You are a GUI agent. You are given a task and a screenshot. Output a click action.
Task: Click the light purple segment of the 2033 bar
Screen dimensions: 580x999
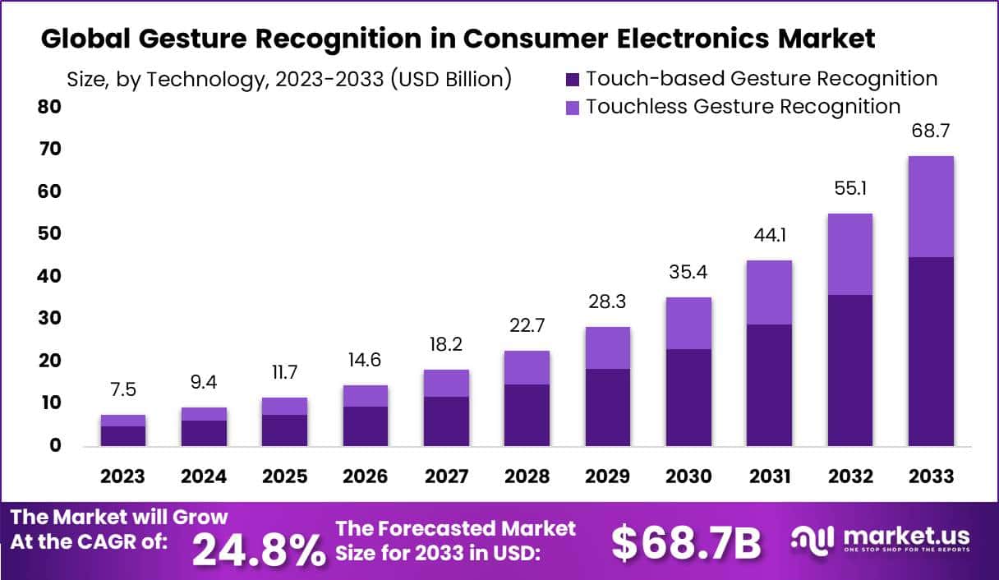[931, 206]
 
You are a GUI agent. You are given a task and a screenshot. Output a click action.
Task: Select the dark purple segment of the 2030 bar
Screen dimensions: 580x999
[688, 397]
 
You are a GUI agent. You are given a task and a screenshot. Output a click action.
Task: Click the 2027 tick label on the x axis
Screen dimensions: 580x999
[445, 477]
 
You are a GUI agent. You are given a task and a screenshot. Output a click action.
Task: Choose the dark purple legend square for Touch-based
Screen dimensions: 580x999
[573, 80]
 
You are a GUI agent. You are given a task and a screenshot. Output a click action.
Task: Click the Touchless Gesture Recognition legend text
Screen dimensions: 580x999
[743, 107]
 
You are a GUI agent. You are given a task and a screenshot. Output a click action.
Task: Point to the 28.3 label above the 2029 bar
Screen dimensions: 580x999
[607, 302]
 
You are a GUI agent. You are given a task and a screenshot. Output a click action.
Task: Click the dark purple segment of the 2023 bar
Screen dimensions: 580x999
[123, 435]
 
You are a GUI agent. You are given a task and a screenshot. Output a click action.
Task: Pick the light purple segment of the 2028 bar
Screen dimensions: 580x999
[527, 367]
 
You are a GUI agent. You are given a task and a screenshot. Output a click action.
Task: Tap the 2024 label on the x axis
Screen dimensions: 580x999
[204, 477]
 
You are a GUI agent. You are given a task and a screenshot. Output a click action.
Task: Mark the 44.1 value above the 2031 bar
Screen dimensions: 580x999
[769, 236]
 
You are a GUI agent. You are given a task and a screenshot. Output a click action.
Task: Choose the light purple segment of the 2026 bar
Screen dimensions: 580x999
[366, 395]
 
